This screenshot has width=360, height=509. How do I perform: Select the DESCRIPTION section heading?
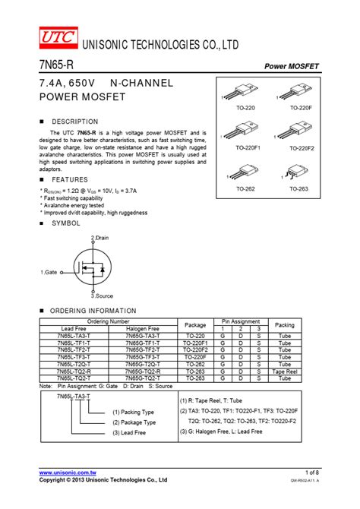click(74, 122)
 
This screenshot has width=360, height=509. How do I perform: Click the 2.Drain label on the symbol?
click(100, 238)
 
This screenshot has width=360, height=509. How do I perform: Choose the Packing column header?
click(284, 324)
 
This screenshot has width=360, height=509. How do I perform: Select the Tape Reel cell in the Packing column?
click(284, 371)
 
